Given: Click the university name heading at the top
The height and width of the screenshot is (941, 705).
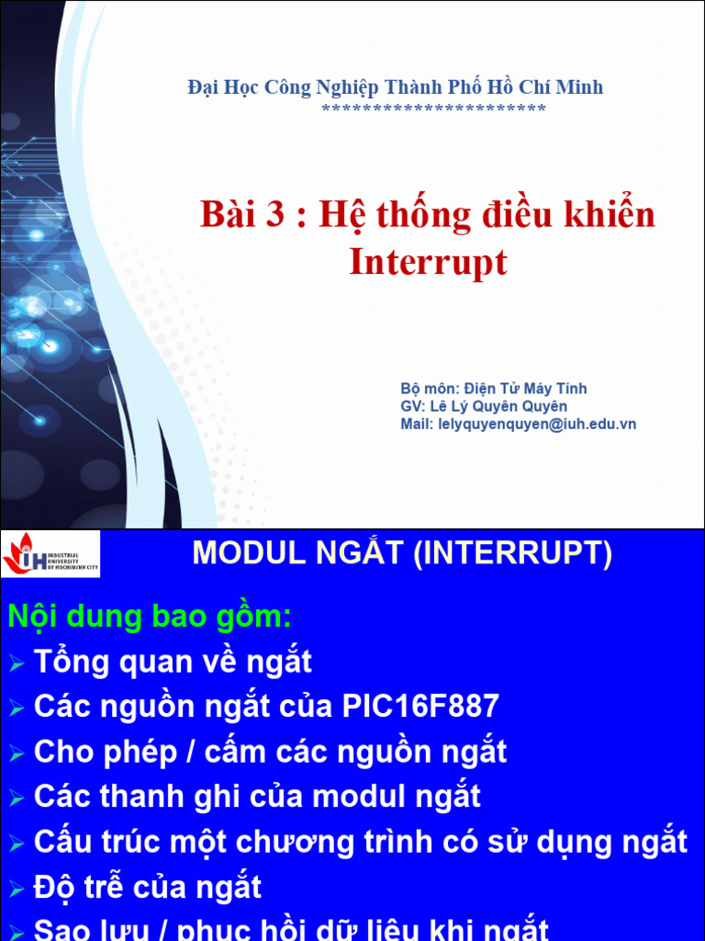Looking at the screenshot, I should (396, 88).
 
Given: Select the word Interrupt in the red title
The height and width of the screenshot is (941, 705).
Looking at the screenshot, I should (428, 263).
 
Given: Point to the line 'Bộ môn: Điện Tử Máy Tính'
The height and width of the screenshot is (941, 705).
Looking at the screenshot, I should (494, 389).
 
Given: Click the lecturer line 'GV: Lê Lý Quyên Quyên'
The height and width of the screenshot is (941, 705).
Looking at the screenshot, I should (484, 406).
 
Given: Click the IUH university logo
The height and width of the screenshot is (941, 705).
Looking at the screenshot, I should (50, 553).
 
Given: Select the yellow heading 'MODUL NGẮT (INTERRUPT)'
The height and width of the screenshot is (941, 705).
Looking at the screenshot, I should (401, 553).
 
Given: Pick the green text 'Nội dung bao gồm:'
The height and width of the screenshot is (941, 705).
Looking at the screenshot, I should (149, 617).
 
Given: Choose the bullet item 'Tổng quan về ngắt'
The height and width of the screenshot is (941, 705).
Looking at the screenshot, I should (173, 662).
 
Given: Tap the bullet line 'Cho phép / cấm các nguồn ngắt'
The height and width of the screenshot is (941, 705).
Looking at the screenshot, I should (270, 752).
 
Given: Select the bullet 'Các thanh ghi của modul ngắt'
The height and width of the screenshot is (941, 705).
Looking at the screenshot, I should (257, 797).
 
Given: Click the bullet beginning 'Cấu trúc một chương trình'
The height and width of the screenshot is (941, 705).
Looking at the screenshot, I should (360, 842).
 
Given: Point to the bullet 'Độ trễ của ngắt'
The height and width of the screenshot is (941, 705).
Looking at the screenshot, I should (148, 888).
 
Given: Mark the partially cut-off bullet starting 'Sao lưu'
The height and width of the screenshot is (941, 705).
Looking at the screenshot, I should (291, 929).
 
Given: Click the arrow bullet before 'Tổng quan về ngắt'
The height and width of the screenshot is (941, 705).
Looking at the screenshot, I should (17, 663).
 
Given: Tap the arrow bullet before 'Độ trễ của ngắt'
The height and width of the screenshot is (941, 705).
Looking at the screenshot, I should (17, 890).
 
